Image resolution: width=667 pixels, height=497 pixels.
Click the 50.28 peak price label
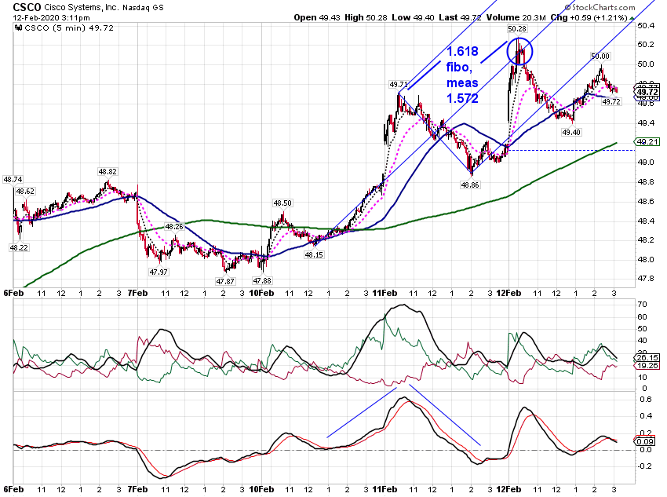pos(517,29)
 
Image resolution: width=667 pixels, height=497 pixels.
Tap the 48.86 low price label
pos(469,185)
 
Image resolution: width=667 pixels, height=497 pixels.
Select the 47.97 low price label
pos(159,272)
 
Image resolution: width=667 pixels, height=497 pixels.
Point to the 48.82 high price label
pos(108,171)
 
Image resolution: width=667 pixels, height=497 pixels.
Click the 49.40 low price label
pos(570,133)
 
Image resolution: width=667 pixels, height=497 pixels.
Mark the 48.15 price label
pos(314,255)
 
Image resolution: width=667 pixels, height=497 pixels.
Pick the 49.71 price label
pos(399,85)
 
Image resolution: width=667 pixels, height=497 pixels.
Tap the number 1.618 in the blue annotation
pos(462,52)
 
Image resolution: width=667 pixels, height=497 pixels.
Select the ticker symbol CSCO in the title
pos(27,7)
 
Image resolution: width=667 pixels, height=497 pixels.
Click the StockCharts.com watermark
pos(600,7)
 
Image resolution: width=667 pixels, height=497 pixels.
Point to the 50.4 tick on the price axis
pos(646,26)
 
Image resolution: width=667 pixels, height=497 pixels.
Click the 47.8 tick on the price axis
pos(646,278)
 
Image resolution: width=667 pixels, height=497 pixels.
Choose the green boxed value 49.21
pos(647,141)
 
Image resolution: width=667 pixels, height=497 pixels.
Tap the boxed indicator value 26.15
pos(647,357)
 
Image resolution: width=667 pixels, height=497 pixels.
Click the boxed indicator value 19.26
pos(647,366)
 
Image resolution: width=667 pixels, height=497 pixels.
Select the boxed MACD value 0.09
pos(645,441)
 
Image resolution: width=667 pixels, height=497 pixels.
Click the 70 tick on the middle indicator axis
pos(643,304)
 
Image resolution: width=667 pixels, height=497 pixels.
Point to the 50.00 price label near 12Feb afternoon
pos(600,57)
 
